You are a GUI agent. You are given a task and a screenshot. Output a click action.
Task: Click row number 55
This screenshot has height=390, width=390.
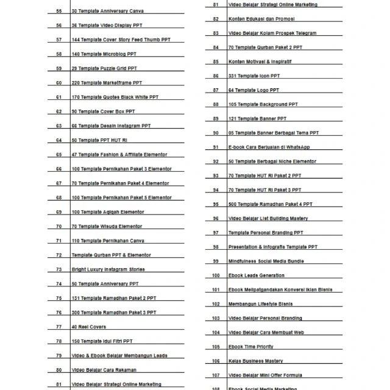[58, 11]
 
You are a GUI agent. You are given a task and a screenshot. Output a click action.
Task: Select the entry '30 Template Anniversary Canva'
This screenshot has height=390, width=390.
[107, 11]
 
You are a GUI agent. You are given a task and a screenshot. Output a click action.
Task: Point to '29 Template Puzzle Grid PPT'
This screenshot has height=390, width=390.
[104, 68]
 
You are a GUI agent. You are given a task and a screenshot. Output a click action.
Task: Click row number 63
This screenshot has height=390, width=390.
[58, 126]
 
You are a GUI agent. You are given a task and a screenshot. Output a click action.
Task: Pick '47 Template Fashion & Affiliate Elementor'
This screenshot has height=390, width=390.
[119, 154]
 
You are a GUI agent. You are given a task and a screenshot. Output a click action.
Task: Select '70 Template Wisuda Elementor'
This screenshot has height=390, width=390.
[107, 226]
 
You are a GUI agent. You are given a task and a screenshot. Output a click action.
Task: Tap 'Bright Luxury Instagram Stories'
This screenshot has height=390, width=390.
[108, 269]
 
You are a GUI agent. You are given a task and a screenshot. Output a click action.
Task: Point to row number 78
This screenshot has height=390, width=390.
[58, 341]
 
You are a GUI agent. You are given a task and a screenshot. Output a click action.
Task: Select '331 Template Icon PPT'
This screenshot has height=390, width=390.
[254, 76]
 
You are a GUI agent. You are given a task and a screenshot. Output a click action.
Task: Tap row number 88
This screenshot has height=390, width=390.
[216, 104]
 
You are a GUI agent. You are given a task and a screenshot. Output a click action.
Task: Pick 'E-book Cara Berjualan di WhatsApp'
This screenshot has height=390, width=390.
[269, 147]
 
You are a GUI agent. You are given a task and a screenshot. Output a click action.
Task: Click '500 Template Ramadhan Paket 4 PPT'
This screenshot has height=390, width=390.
[270, 204]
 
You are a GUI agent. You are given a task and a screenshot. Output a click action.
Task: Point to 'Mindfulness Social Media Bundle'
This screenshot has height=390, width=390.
[266, 261]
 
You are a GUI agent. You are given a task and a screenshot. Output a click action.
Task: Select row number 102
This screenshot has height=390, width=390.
[216, 304]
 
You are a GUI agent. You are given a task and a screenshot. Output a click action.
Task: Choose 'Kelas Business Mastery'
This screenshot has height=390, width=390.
[255, 361]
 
